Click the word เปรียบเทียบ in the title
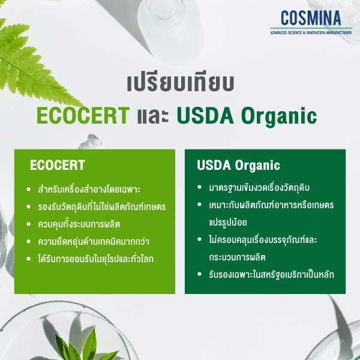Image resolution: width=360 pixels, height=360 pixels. (180, 83)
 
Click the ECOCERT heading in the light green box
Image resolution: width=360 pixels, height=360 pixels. (58, 166)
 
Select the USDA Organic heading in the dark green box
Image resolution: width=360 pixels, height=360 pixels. (238, 165)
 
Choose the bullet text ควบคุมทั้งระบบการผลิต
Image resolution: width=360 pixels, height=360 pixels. (79, 224)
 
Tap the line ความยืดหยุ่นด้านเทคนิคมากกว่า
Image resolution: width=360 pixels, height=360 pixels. (92, 242)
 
